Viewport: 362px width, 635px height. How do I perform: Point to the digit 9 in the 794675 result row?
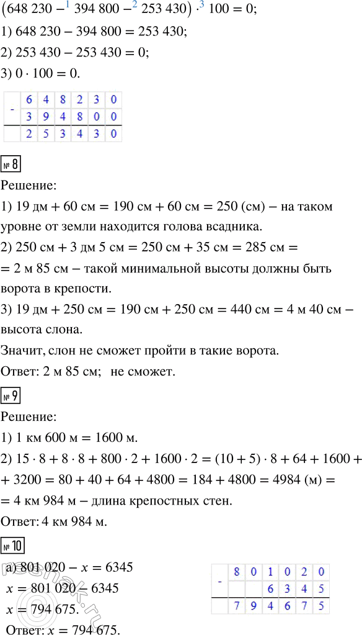click(x=251, y=605)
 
